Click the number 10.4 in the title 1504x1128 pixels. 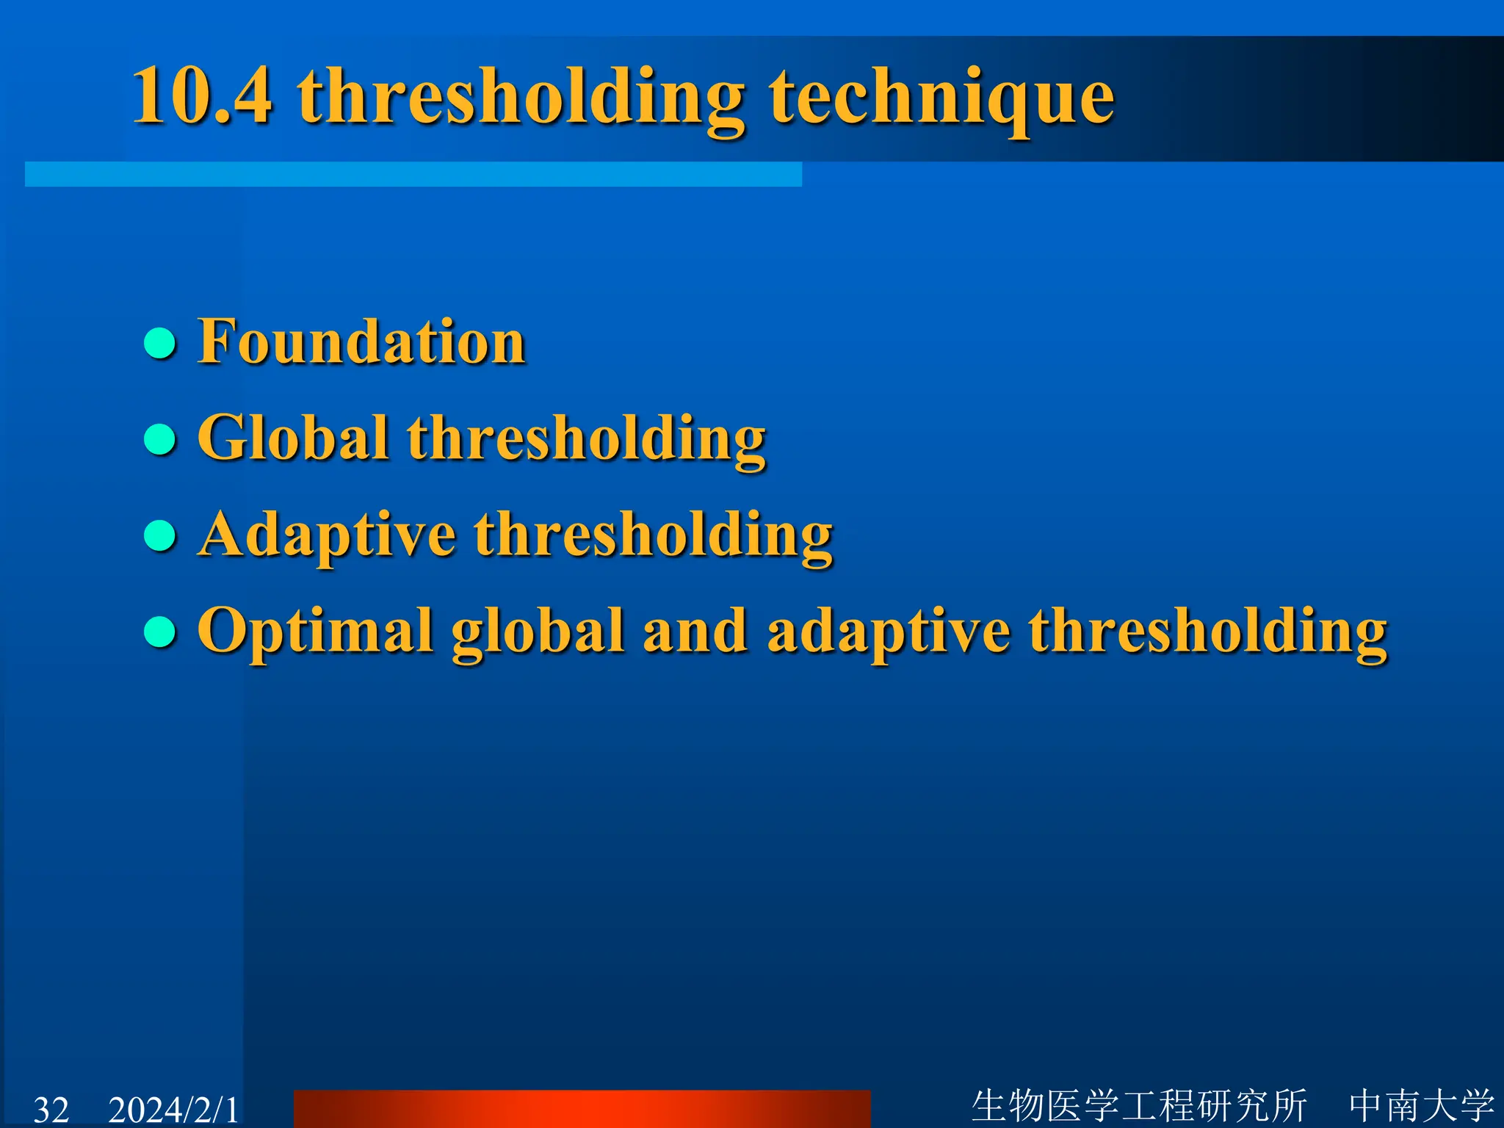pyautogui.click(x=202, y=95)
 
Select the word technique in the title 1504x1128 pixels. pyautogui.click(x=941, y=99)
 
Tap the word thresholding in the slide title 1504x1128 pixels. pyautogui.click(x=521, y=99)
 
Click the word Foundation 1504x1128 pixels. pyautogui.click(x=361, y=341)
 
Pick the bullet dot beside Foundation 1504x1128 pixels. pyautogui.click(x=160, y=343)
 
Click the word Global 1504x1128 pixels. pyautogui.click(x=292, y=438)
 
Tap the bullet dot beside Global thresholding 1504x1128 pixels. pyautogui.click(x=160, y=439)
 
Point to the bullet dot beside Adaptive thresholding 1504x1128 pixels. pyautogui.click(x=160, y=535)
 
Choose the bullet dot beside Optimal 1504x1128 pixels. pyautogui.click(x=160, y=632)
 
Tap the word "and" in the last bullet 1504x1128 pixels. pyautogui.click(x=695, y=632)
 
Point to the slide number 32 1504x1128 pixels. pyautogui.click(x=51, y=1110)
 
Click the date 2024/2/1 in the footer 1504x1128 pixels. pyautogui.click(x=173, y=1110)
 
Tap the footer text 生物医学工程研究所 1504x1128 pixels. pyautogui.click(x=1139, y=1106)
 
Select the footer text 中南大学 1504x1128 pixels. pyautogui.click(x=1421, y=1106)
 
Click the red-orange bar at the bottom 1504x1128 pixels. pyautogui.click(x=582, y=1109)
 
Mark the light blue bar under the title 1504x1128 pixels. pyautogui.click(x=413, y=175)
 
